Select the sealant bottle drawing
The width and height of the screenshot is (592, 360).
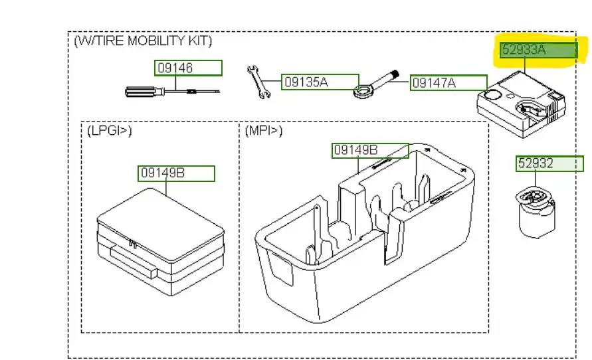(x=536, y=212)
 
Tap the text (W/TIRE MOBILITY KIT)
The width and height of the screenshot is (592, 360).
(x=143, y=41)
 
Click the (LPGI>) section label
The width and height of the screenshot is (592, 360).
(x=110, y=131)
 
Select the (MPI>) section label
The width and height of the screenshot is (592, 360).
(x=264, y=131)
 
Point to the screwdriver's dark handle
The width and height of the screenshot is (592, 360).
(x=142, y=90)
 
